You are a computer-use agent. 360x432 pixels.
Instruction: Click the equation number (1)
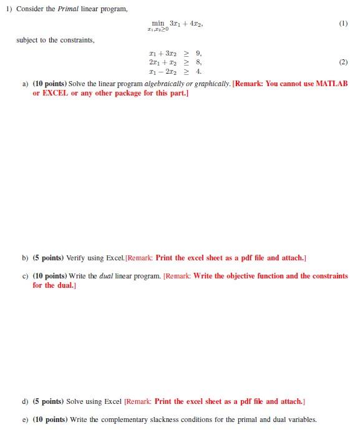point(343,24)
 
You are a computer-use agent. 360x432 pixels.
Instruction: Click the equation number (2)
point(343,62)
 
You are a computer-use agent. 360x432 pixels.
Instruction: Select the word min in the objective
point(158,23)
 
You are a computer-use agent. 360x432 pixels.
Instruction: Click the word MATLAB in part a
point(333,84)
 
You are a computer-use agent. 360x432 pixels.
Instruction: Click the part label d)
point(26,401)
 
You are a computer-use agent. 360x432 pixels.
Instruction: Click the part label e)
point(26,420)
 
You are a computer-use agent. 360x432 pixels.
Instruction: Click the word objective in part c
point(232,276)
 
